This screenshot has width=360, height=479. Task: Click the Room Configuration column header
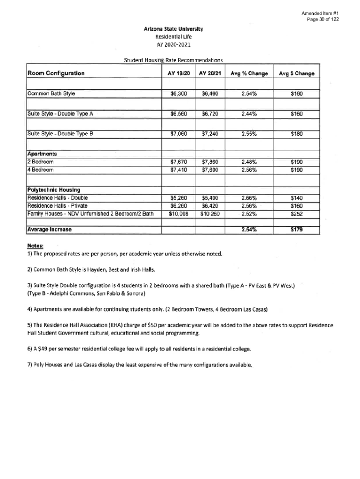pyautogui.click(x=56, y=73)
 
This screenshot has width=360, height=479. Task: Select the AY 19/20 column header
pyautogui.click(x=179, y=73)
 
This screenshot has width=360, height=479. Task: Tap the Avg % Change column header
pyautogui.click(x=249, y=73)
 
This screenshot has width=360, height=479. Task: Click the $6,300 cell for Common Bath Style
pyautogui.click(x=179, y=94)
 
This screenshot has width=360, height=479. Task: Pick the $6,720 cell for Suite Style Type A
pyautogui.click(x=210, y=114)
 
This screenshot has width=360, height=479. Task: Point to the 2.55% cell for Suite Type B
pyautogui.click(x=249, y=134)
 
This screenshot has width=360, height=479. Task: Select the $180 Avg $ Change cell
pyautogui.click(x=296, y=134)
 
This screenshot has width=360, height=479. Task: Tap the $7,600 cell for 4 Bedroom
pyautogui.click(x=210, y=170)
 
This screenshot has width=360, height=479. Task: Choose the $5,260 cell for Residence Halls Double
pyautogui.click(x=179, y=198)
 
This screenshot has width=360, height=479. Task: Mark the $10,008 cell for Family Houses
pyautogui.click(x=178, y=214)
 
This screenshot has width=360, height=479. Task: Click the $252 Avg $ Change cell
pyautogui.click(x=296, y=214)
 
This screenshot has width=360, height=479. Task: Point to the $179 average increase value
pyautogui.click(x=296, y=230)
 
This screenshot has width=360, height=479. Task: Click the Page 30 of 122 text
pyautogui.click(x=323, y=19)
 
